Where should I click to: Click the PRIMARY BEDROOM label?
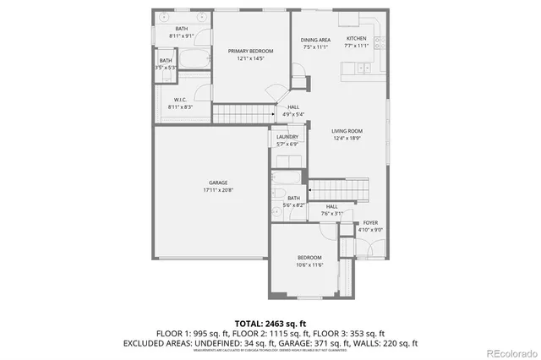[251, 52]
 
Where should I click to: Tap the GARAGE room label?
[218, 183]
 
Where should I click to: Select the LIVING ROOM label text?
[347, 131]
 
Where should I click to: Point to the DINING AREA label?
[314, 40]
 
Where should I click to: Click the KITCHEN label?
[356, 40]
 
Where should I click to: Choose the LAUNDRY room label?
[287, 137]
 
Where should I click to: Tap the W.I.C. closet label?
[174, 100]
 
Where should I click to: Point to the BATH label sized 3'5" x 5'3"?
[166, 61]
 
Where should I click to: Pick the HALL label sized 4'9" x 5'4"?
[293, 107]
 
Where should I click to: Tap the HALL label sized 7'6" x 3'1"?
[331, 207]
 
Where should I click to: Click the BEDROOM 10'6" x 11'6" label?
[309, 258]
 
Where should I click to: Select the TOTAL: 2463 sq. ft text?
[270, 323]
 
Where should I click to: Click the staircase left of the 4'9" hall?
[243, 114]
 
